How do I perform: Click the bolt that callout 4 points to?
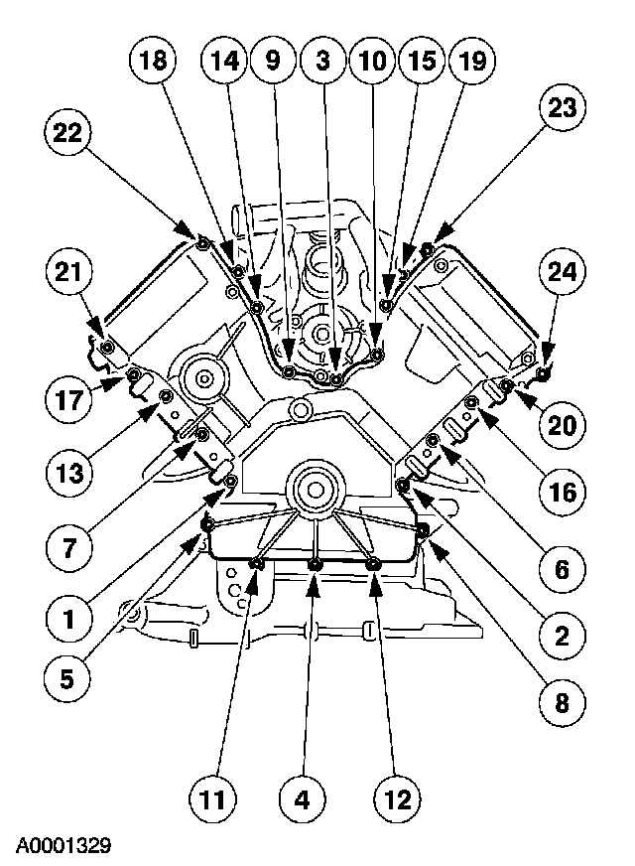point(315,565)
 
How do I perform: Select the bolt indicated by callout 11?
point(256,564)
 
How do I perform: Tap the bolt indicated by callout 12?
point(374,564)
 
